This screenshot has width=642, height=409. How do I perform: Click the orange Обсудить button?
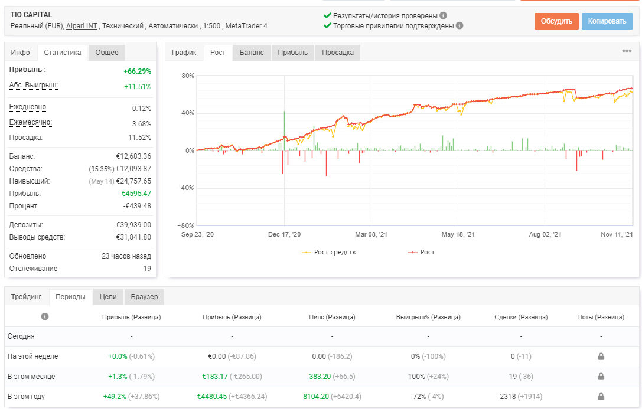[x=556, y=21]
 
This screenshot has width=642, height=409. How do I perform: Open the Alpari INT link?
[x=82, y=26]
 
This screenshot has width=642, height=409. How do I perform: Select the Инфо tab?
[x=21, y=53]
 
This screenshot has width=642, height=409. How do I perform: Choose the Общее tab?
[x=107, y=53]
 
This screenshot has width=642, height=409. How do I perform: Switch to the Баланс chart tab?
[x=252, y=53]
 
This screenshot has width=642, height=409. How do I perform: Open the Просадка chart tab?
[x=338, y=53]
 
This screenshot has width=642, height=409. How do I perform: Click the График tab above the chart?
[x=184, y=53]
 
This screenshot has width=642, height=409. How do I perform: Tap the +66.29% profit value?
[x=137, y=71]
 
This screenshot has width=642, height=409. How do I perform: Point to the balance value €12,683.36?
[x=133, y=156]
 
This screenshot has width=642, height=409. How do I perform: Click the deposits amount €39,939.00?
[x=133, y=224]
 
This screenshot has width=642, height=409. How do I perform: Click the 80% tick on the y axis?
[x=188, y=76]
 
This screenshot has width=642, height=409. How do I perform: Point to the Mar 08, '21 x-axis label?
[x=371, y=234]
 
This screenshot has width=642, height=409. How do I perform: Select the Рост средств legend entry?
[x=329, y=252]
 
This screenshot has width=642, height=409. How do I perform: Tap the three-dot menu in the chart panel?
[x=627, y=51]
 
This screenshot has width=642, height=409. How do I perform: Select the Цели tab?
[x=108, y=296]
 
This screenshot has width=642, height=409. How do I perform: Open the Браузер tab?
[x=144, y=296]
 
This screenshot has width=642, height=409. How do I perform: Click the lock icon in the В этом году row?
[x=601, y=397]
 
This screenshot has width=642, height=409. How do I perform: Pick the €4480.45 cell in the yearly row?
[x=211, y=397]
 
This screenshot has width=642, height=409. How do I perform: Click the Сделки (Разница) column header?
[x=521, y=317]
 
